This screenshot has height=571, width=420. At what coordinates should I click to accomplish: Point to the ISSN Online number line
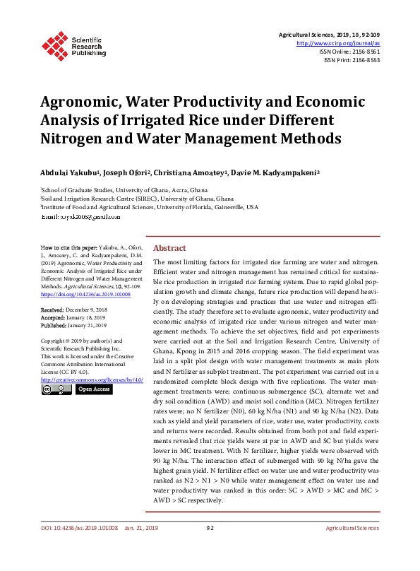tap(349, 52)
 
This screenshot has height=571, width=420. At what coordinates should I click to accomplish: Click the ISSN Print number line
tap(352, 60)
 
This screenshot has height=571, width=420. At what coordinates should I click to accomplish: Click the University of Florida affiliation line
tap(150, 207)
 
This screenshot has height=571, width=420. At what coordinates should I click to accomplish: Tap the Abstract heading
tap(169, 248)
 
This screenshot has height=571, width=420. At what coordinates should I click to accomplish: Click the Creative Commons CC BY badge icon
tap(56, 389)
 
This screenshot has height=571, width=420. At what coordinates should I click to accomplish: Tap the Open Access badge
tap(93, 389)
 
